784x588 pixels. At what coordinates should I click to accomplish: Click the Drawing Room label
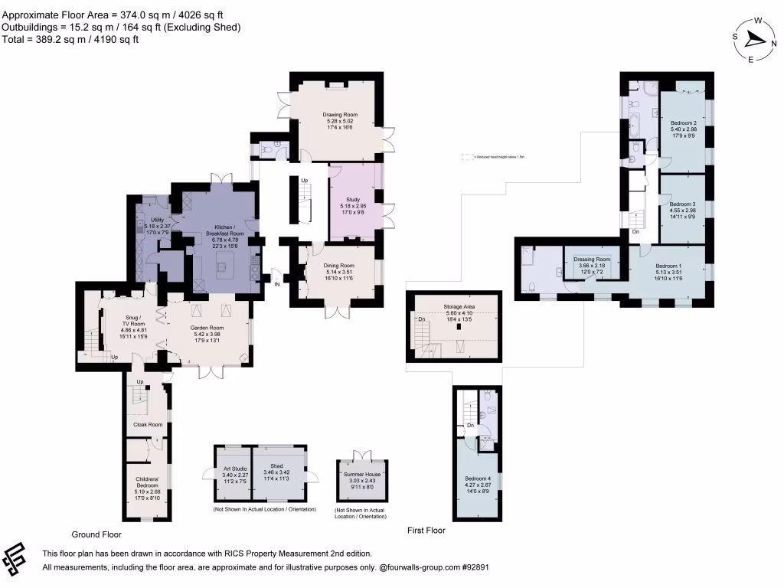pyautogui.click(x=341, y=115)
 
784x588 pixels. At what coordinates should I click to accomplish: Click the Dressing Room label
pyautogui.click(x=592, y=260)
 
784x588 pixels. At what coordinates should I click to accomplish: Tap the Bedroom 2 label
pyautogui.click(x=684, y=122)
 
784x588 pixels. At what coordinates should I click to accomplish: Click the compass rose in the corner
pyautogui.click(x=753, y=39)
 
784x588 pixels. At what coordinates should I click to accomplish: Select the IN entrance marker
pyautogui.click(x=277, y=285)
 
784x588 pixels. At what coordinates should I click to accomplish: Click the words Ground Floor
pyautogui.click(x=96, y=534)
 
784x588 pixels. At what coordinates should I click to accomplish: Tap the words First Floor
pyautogui.click(x=426, y=530)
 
